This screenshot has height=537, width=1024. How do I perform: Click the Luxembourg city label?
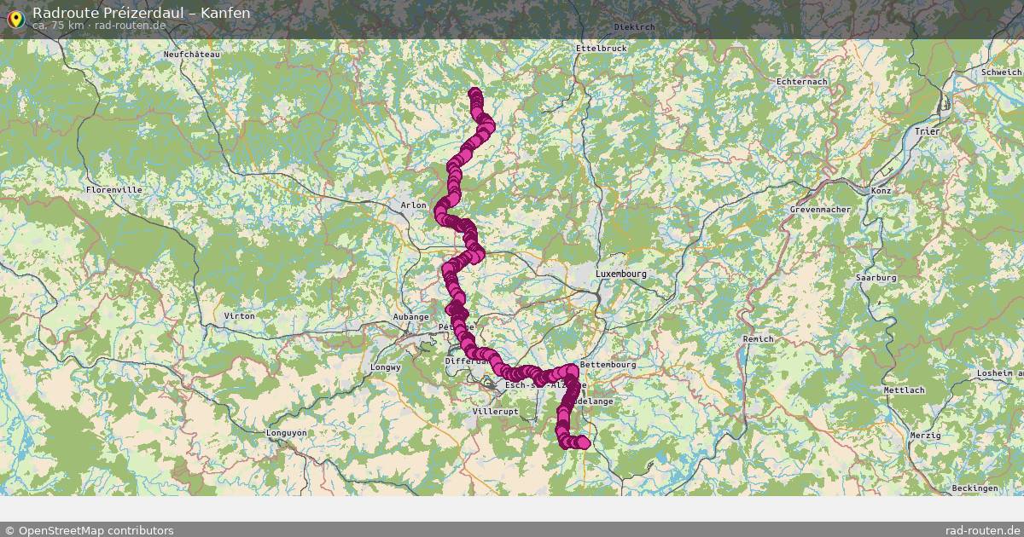620,274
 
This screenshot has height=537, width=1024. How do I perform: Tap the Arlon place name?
413,205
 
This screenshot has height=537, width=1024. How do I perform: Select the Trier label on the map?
926,131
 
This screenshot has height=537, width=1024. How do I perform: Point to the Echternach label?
801,81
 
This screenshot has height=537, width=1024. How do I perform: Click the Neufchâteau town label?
192,55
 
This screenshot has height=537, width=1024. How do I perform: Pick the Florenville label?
113,189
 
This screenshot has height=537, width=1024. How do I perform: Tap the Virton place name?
238,316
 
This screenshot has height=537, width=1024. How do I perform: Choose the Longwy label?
386,367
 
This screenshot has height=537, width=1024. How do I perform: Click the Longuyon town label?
286,432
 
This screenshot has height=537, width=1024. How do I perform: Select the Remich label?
758,339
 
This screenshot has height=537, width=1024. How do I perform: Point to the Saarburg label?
876,278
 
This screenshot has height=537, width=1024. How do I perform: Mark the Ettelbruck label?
601,49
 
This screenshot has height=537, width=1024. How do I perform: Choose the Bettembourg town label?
608,365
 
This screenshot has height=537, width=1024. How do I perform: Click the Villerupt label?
494,411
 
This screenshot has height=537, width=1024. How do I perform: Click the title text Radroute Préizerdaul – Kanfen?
141,13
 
